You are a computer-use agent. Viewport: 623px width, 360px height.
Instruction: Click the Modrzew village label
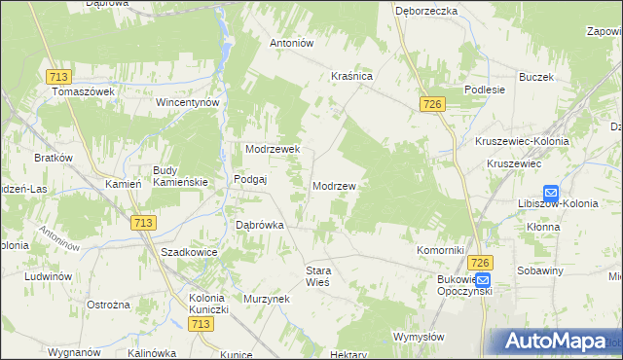pyautogui.click(x=334, y=185)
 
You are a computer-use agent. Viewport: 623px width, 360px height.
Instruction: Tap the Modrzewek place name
pyautogui.click(x=278, y=149)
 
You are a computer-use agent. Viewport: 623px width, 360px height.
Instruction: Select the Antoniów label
pyautogui.click(x=291, y=43)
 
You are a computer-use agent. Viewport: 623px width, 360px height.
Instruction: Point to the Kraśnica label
pyautogui.click(x=352, y=75)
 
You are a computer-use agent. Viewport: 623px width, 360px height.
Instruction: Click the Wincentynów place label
pyautogui.click(x=191, y=101)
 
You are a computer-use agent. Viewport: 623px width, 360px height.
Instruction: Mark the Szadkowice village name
pyautogui.click(x=188, y=251)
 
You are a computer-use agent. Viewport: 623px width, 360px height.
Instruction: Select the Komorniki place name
pyautogui.click(x=441, y=250)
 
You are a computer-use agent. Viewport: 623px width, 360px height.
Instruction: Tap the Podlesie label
pyautogui.click(x=485, y=89)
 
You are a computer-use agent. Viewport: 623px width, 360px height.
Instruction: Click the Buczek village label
pyautogui.click(x=536, y=77)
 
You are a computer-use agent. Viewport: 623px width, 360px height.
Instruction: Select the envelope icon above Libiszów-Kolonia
pyautogui.click(x=551, y=193)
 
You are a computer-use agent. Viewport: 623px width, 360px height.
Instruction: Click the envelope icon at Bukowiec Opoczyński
pyautogui.click(x=484, y=279)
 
